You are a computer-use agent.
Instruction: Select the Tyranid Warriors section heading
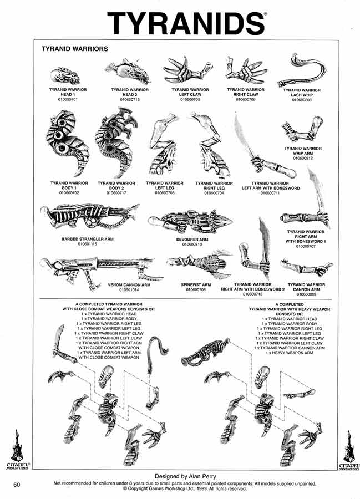[74, 49]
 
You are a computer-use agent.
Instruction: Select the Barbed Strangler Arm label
[84, 240]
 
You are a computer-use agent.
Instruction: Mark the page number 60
[17, 485]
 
